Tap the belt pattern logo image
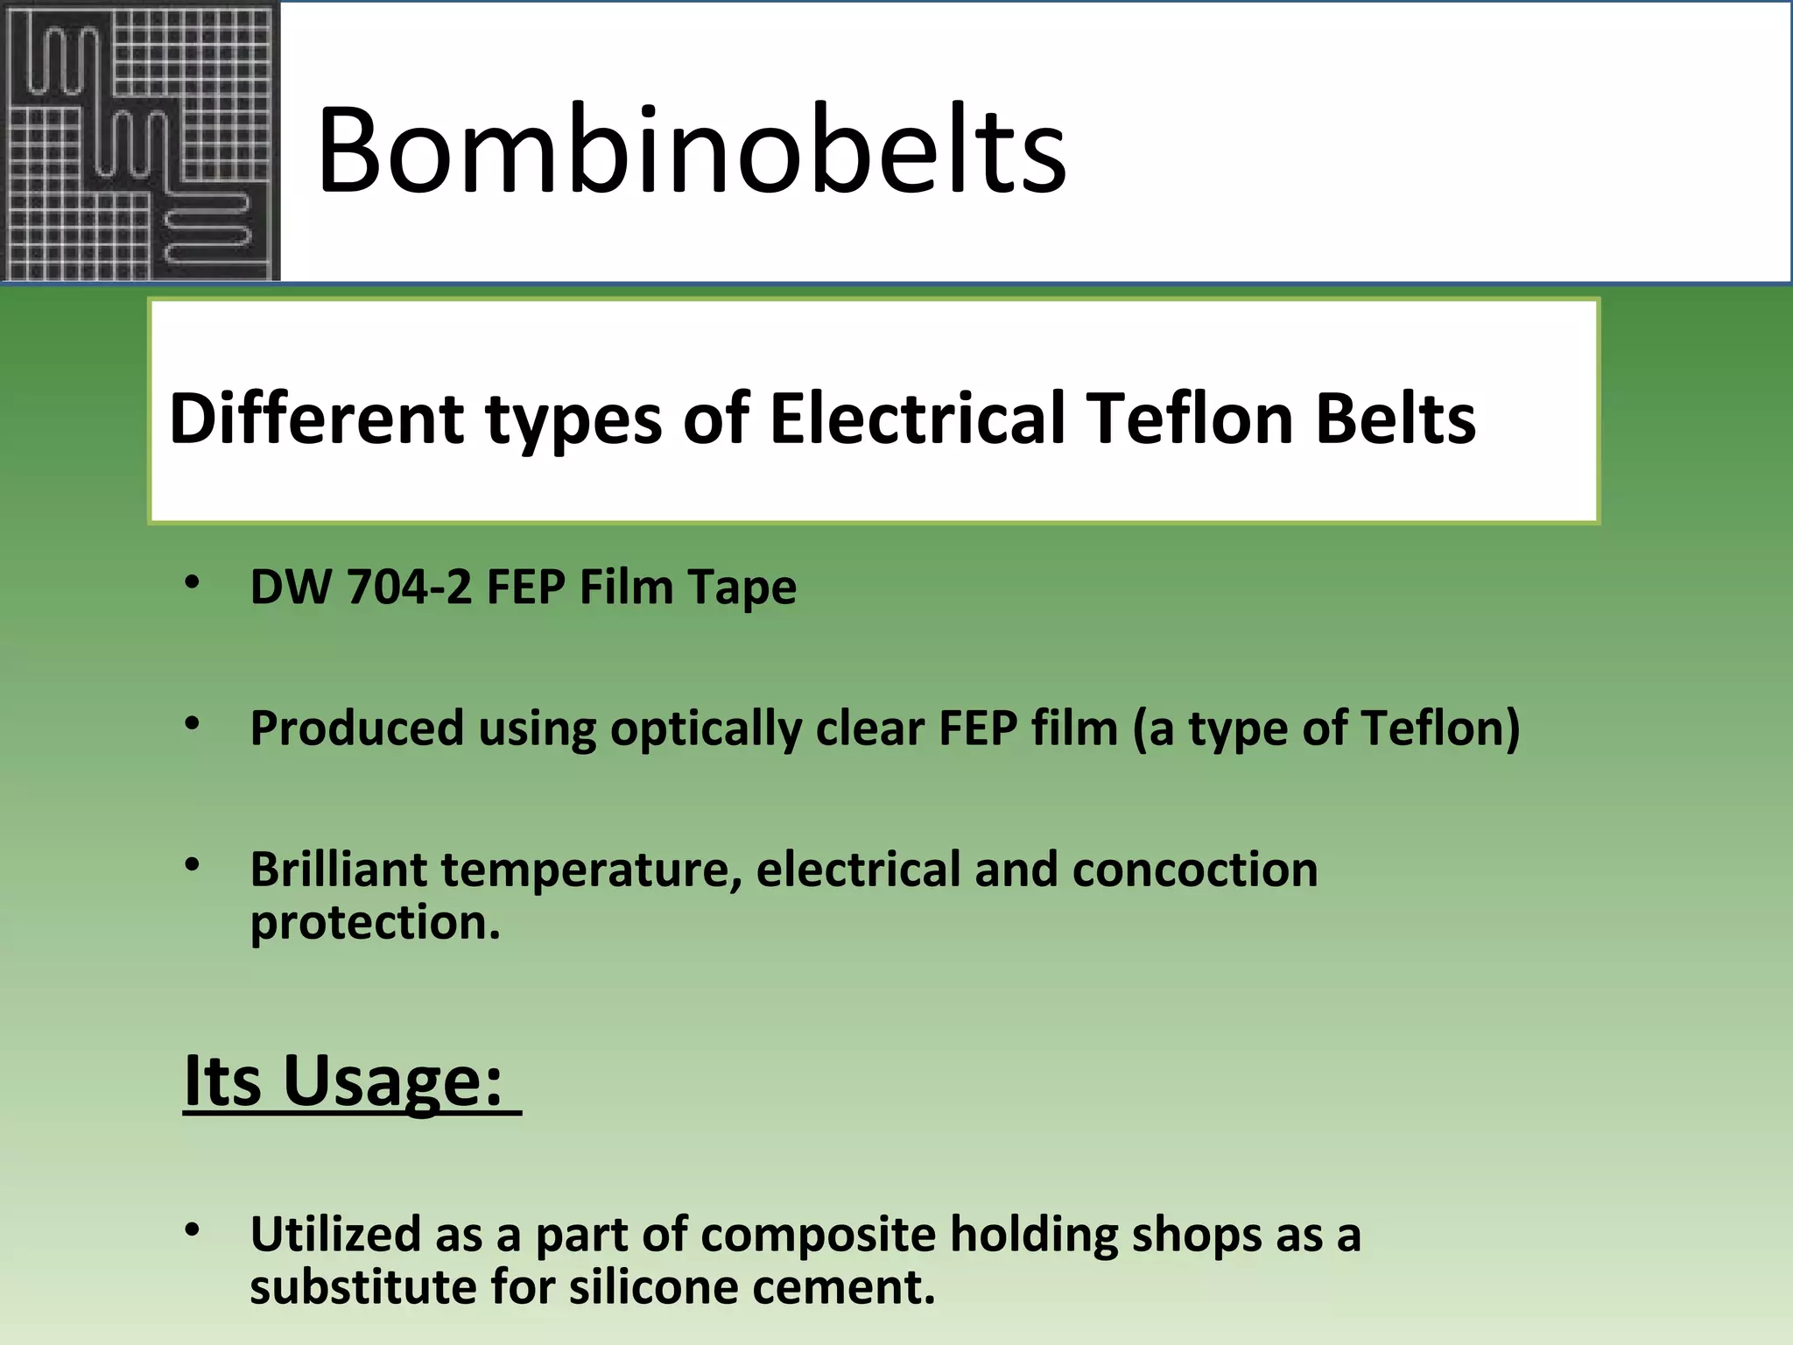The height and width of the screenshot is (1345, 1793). coord(140,142)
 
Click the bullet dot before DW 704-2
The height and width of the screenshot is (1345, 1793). coord(193,581)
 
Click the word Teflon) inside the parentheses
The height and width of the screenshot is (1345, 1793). coord(1441,729)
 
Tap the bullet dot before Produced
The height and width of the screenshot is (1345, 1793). coord(193,723)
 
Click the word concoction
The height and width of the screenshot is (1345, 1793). coord(1195,870)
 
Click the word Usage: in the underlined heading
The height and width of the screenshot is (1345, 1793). coord(393,1082)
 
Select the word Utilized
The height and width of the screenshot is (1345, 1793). coord(335,1235)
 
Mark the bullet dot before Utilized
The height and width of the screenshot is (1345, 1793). coord(193,1229)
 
